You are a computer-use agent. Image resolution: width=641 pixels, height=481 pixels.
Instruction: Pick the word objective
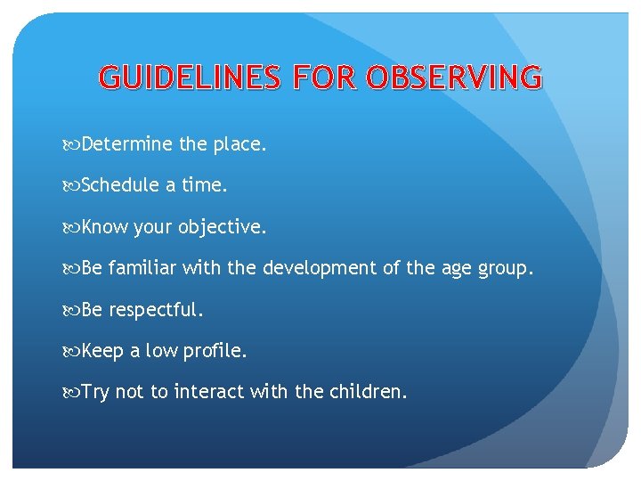(x=222, y=228)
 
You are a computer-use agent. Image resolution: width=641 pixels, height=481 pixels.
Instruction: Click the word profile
(x=215, y=352)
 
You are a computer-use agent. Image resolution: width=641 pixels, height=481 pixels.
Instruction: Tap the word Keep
(x=102, y=352)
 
